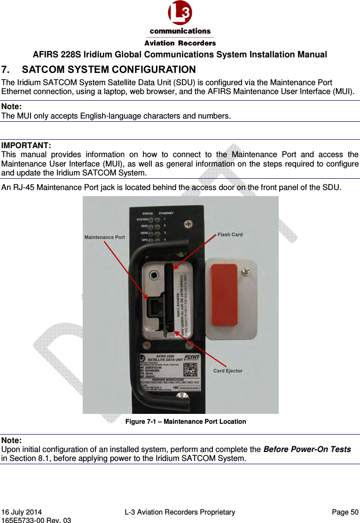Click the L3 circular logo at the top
180,13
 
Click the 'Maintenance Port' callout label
104,237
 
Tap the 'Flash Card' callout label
230,234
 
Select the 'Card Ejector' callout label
228,371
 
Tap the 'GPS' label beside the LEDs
145,239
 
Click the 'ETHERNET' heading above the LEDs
168,213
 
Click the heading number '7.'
7,70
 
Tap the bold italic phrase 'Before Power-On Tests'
307,449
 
